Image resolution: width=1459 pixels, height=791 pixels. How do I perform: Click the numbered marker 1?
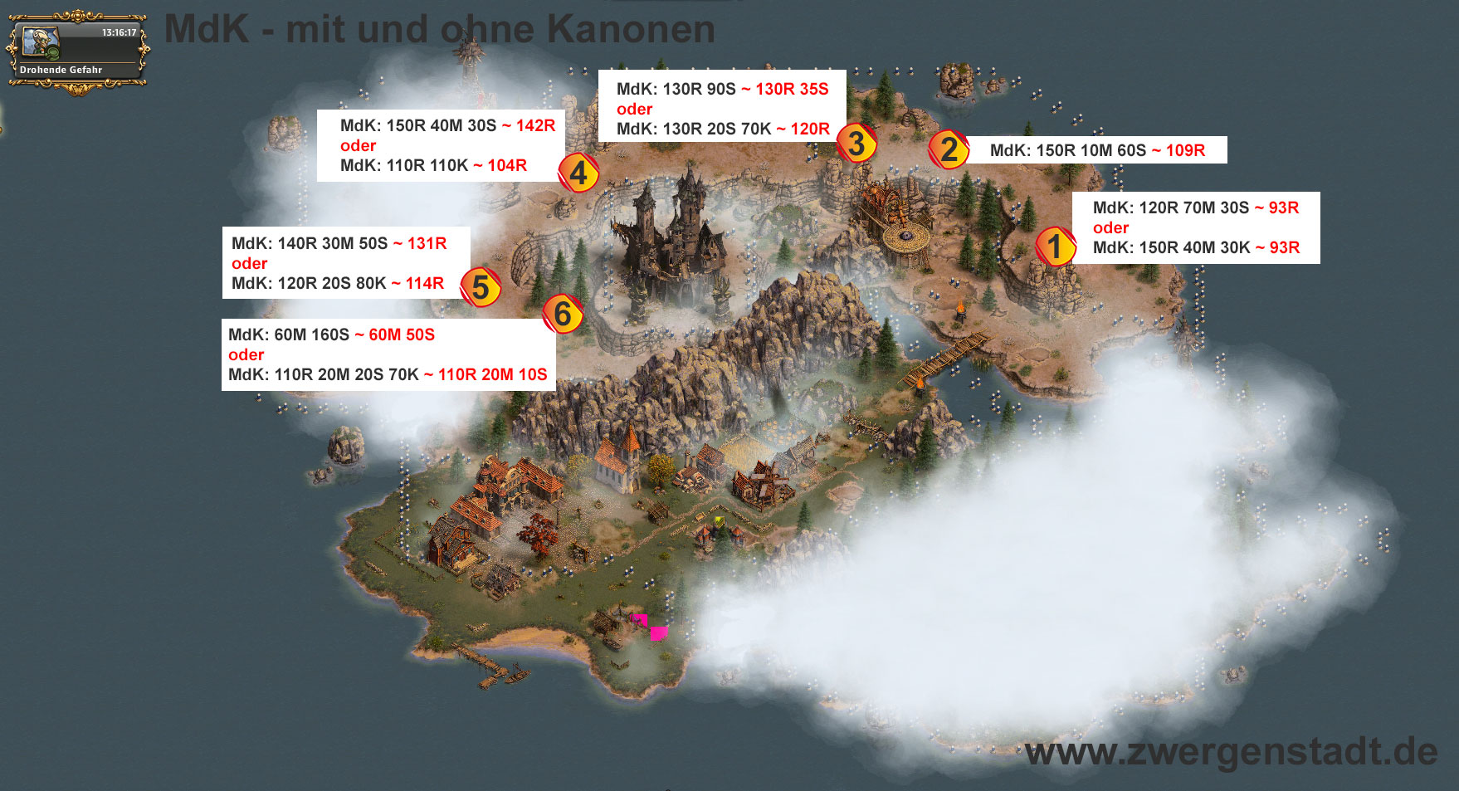pyautogui.click(x=1055, y=247)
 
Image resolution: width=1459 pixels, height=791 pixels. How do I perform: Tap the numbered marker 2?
pyautogui.click(x=949, y=149)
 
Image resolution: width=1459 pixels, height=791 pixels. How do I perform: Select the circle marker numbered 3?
pyautogui.click(x=856, y=143)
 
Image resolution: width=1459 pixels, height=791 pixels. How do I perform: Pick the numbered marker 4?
pyautogui.click(x=578, y=173)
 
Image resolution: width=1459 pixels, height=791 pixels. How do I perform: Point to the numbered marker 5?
pyautogui.click(x=481, y=287)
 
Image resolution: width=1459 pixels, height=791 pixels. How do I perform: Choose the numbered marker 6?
pyautogui.click(x=563, y=314)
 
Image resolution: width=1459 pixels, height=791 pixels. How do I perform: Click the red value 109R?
pyautogui.click(x=1185, y=150)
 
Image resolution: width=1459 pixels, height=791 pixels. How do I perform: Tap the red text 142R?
pyautogui.click(x=535, y=125)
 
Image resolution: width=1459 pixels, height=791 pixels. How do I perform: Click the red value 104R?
pyautogui.click(x=506, y=165)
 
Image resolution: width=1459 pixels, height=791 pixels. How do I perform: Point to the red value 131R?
pyautogui.click(x=427, y=243)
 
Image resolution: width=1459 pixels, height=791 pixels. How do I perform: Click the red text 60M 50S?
pyautogui.click(x=401, y=334)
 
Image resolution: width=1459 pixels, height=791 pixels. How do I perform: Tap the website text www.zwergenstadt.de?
pyautogui.click(x=1231, y=752)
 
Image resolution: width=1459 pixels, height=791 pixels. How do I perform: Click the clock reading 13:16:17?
pyautogui.click(x=119, y=32)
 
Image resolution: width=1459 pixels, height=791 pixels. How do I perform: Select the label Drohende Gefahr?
pyautogui.click(x=61, y=70)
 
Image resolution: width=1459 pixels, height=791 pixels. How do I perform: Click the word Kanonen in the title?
pyautogui.click(x=631, y=29)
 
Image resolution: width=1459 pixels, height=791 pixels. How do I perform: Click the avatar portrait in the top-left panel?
pyautogui.click(x=39, y=42)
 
